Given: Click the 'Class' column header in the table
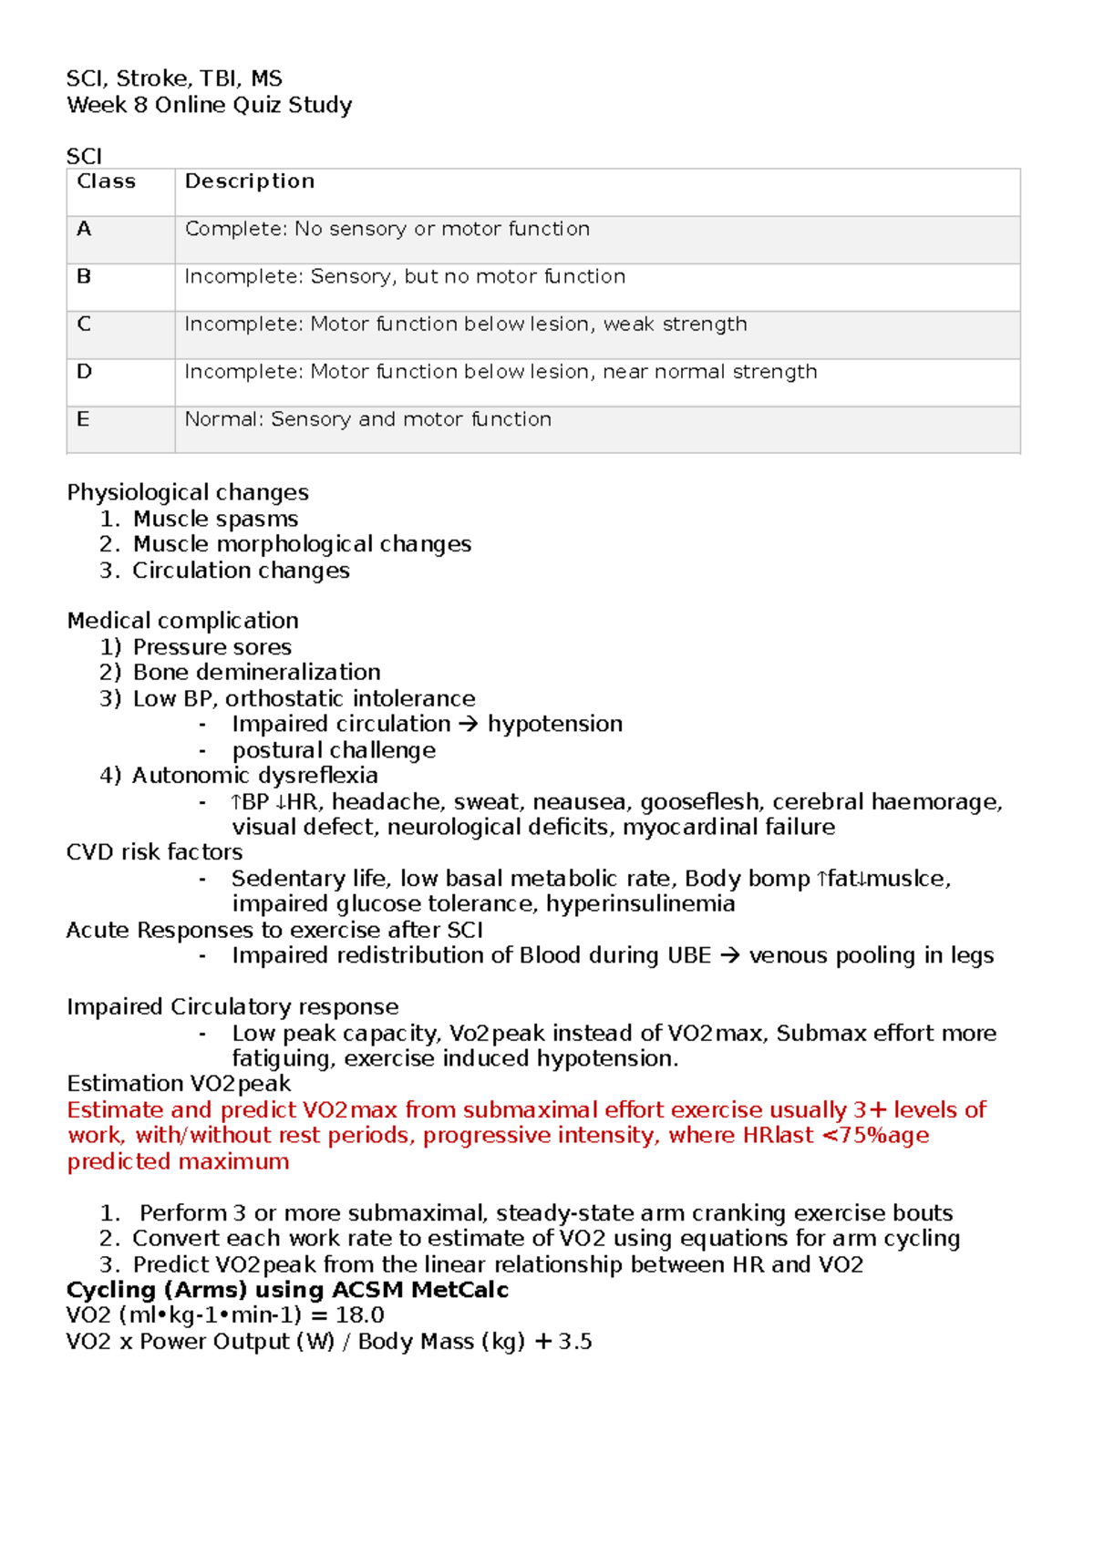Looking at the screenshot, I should click(x=106, y=181).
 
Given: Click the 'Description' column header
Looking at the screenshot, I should click(x=250, y=181).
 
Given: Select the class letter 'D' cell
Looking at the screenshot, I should click(x=84, y=372).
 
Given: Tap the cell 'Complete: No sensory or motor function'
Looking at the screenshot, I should click(x=387, y=229).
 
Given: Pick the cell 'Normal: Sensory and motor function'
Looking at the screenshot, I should click(x=368, y=419).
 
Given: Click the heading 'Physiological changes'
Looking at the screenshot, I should click(x=188, y=492).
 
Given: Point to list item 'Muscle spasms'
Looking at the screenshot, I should click(x=215, y=519).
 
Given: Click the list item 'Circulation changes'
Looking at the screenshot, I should click(x=241, y=571).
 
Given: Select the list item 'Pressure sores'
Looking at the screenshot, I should click(x=212, y=647).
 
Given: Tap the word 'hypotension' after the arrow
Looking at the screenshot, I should click(x=555, y=724).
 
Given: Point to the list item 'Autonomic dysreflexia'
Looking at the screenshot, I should click(x=254, y=776).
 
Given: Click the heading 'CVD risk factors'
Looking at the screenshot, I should click(x=155, y=852).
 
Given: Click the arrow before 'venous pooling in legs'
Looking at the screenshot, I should click(x=729, y=956).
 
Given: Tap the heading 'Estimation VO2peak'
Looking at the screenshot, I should click(x=179, y=1084).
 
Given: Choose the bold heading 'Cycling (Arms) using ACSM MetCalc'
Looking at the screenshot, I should click(x=287, y=1290).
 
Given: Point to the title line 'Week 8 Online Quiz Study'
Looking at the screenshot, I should click(x=209, y=105).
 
